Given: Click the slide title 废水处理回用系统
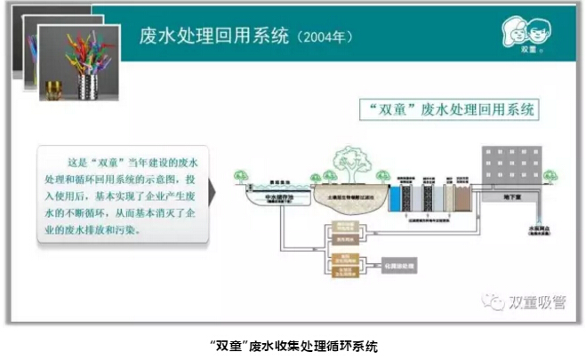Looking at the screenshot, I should pos(214,36).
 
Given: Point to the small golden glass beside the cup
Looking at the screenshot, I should pos(53,90).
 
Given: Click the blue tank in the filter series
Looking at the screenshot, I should pos(394,198).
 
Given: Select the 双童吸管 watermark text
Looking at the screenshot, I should pos(535,301).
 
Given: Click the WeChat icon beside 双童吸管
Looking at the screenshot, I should pos(493,301).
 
